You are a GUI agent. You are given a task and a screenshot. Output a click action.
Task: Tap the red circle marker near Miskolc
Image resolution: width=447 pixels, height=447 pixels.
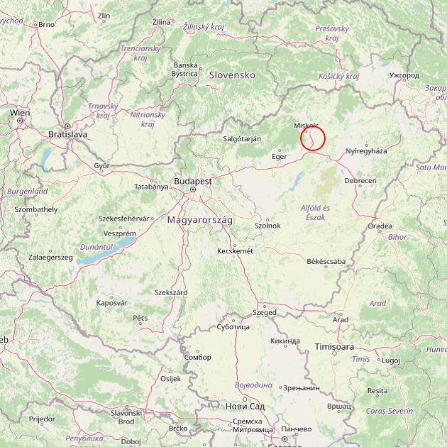(x=313, y=138)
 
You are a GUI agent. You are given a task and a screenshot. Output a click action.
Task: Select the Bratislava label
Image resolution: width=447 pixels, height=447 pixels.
(x=67, y=133)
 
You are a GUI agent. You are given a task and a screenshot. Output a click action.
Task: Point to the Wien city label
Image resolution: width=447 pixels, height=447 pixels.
(x=20, y=113)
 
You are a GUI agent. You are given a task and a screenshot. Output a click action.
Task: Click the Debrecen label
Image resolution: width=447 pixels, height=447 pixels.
(x=360, y=181)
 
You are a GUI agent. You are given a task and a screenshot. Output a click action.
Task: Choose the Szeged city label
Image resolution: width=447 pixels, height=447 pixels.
(x=264, y=312)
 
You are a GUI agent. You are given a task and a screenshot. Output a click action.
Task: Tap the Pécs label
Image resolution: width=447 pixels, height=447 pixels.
(x=140, y=318)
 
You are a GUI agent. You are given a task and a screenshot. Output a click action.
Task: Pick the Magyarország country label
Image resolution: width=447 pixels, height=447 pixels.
(x=200, y=221)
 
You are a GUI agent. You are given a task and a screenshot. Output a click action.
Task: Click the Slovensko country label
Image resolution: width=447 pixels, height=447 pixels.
(x=231, y=74)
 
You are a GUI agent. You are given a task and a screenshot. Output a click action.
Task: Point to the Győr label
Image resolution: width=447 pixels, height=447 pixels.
(x=102, y=165)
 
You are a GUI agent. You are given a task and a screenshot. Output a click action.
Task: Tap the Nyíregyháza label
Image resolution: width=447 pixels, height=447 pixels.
(x=366, y=151)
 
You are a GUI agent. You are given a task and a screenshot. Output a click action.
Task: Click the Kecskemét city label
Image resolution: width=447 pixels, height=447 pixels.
(x=236, y=250)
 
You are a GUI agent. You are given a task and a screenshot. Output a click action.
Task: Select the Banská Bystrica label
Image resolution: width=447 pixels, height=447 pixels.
(x=185, y=69)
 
